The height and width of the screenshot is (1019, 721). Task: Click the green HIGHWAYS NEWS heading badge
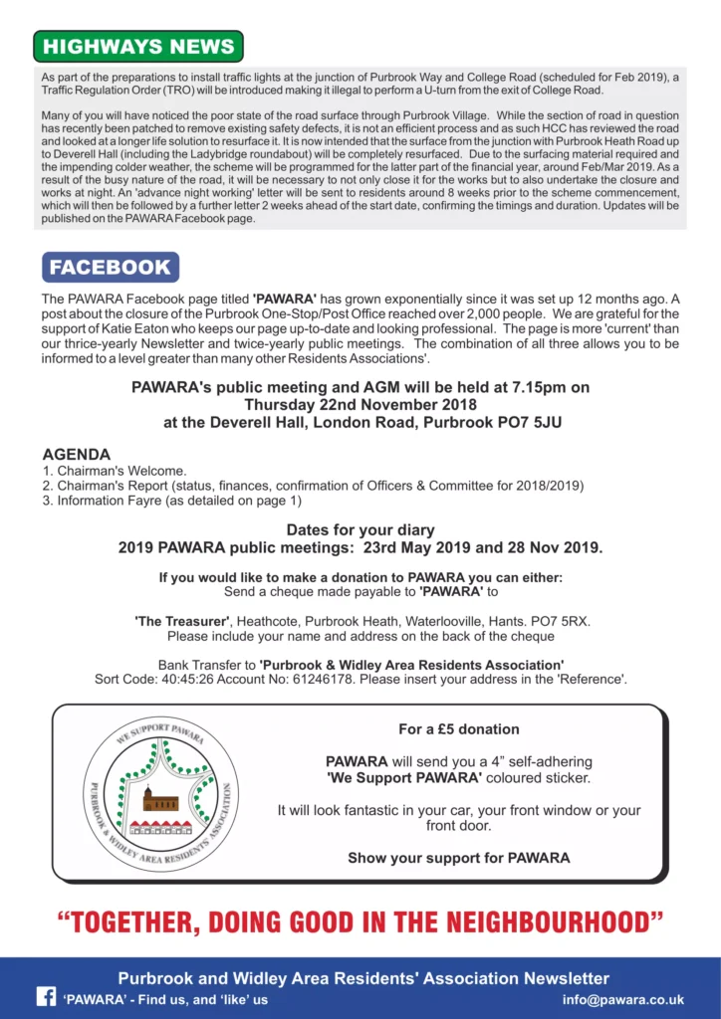point(138,47)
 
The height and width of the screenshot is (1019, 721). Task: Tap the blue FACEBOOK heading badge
point(111,267)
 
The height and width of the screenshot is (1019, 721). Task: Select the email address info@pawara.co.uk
point(622,999)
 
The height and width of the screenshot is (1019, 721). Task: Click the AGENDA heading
point(77,454)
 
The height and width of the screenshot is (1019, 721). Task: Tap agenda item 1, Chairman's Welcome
point(115,471)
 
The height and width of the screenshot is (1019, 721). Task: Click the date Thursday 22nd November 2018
point(360,405)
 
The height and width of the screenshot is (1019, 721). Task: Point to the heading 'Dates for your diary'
point(360,530)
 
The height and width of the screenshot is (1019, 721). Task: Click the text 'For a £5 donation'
point(459,728)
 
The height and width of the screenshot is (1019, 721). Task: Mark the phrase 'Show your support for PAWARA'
point(459,857)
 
